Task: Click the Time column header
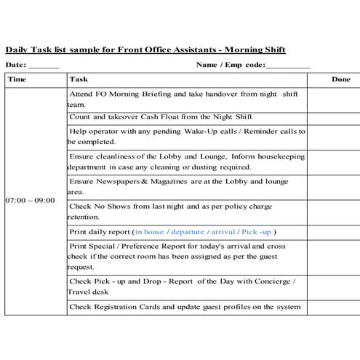[x=17, y=79]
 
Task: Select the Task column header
[x=79, y=79]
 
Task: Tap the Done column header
[x=340, y=79]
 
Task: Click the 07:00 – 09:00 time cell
[x=30, y=199]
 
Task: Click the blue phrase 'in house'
[x=150, y=232]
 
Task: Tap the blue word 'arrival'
[x=223, y=232]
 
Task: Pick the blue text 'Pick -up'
[x=257, y=232]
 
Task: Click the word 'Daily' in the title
[x=17, y=49]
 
